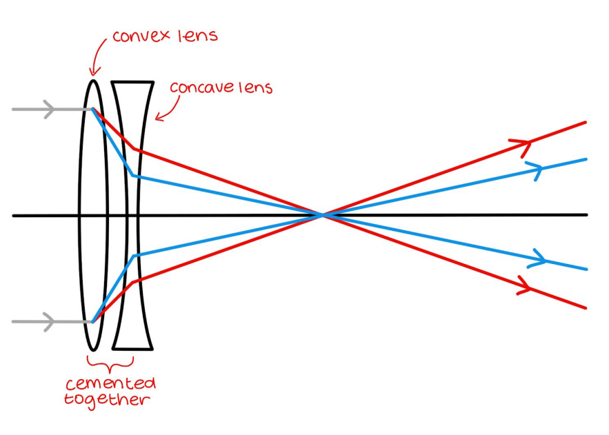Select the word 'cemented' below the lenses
click(110, 383)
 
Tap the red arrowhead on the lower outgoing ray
click(525, 285)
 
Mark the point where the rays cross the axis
click(323, 215)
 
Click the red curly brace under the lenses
click(110, 363)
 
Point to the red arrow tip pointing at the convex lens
click(93, 72)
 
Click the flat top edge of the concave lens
click(132, 82)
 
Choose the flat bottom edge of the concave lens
click(132, 348)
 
